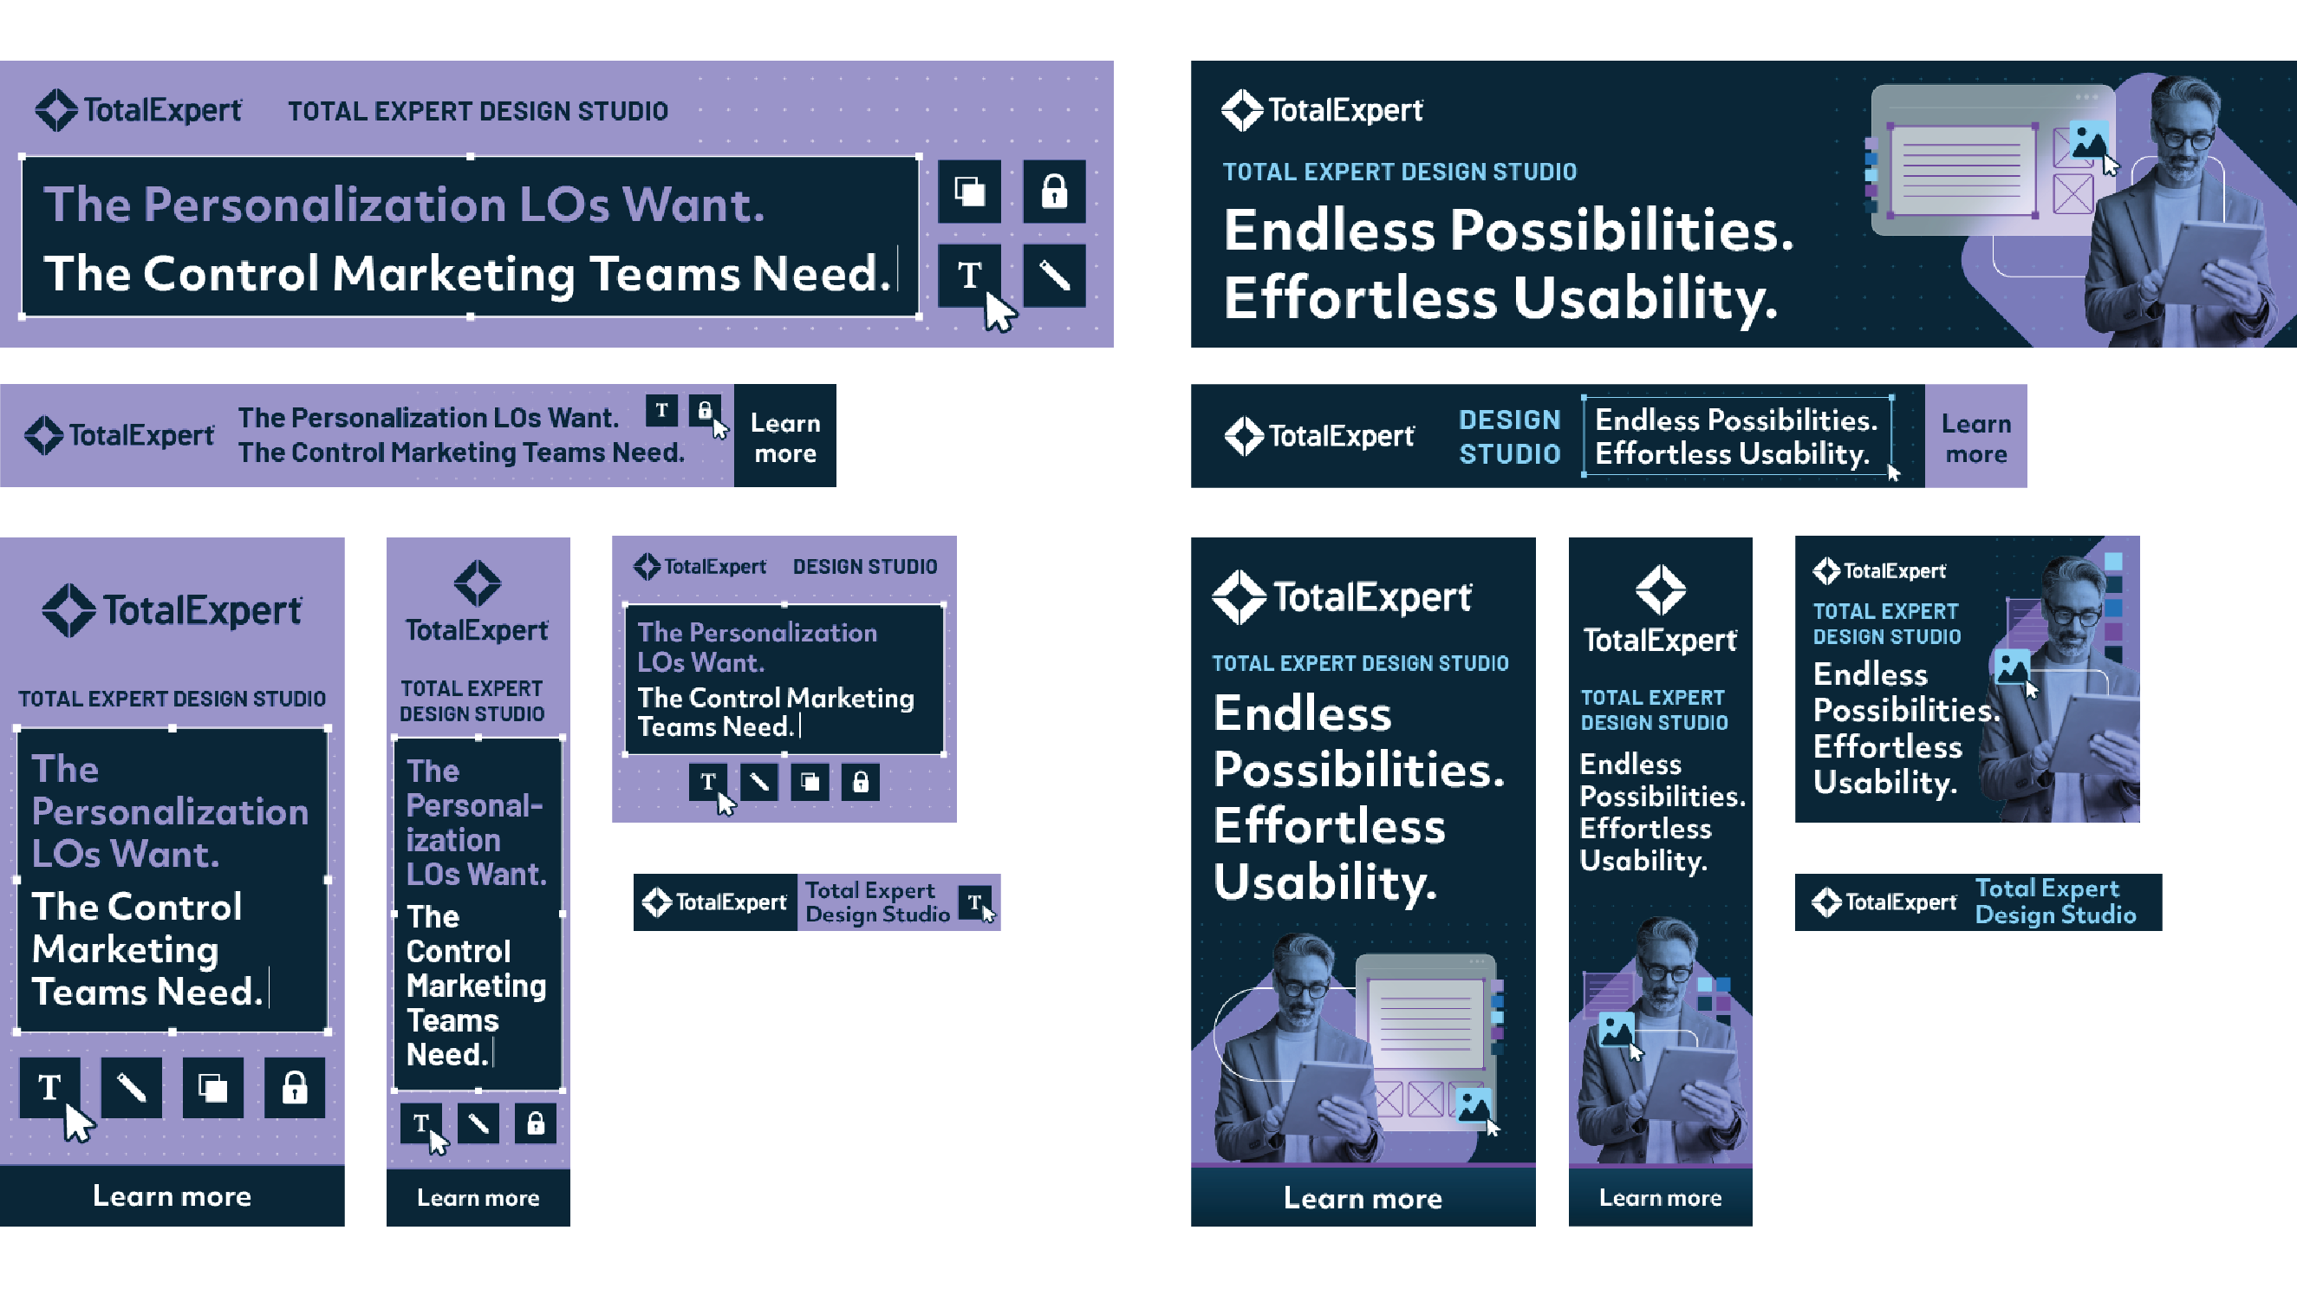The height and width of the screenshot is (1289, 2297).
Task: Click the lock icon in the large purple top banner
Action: coord(1054,191)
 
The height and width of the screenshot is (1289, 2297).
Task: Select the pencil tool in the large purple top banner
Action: coord(1054,275)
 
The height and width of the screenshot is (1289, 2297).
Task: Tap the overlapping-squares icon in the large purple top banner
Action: coord(969,191)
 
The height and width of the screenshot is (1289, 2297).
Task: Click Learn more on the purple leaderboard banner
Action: coord(784,437)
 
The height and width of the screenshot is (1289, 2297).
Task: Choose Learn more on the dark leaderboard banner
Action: coord(1976,438)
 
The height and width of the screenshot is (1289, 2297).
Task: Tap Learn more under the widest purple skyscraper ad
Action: coord(172,1195)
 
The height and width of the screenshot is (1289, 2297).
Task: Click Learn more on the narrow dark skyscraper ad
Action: coord(1660,1197)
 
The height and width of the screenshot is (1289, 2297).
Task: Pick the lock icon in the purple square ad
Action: coord(861,782)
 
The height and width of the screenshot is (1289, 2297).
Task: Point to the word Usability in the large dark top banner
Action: coord(1645,298)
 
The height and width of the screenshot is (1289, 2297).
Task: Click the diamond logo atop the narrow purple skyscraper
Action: coord(478,583)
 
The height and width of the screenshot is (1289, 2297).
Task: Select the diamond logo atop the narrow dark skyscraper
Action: coord(1660,589)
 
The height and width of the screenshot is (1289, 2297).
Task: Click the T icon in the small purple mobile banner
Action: coord(974,902)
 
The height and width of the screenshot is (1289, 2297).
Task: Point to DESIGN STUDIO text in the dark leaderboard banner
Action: coord(1510,437)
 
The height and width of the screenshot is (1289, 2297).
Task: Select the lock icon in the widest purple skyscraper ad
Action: coord(294,1087)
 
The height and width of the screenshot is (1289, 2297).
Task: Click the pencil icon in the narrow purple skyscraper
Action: coord(478,1123)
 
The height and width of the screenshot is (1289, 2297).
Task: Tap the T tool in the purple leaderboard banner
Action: coord(661,410)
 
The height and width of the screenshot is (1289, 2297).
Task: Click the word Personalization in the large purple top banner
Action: coord(324,205)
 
